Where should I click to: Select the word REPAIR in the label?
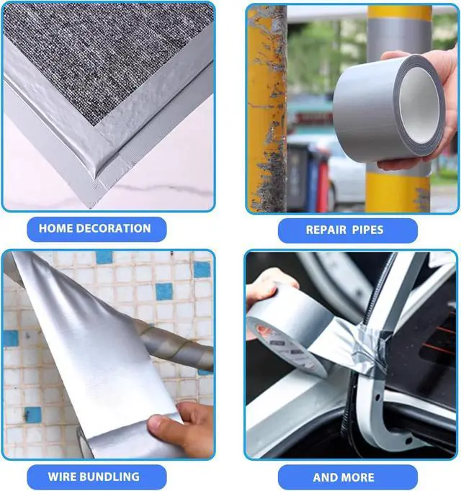(325, 230)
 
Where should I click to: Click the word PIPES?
(367, 230)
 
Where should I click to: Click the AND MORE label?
(344, 477)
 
